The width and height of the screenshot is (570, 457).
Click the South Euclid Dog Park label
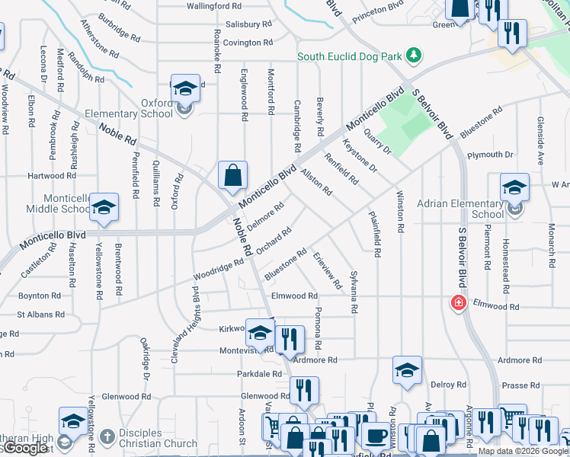[350, 56]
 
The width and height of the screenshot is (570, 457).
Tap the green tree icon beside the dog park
[413, 55]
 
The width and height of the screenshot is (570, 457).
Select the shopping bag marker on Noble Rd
[232, 175]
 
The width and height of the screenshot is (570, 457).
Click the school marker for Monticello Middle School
[104, 207]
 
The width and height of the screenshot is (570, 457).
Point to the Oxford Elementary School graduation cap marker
[184, 89]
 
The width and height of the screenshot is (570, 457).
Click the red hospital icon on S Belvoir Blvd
[459, 303]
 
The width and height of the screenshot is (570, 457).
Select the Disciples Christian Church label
[159, 437]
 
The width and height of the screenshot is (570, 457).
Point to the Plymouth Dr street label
[490, 155]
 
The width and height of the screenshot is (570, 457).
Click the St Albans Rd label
[40, 314]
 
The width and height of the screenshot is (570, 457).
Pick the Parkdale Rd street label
[259, 374]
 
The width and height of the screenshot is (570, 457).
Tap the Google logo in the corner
[24, 448]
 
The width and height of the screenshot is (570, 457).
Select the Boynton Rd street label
[40, 296]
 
